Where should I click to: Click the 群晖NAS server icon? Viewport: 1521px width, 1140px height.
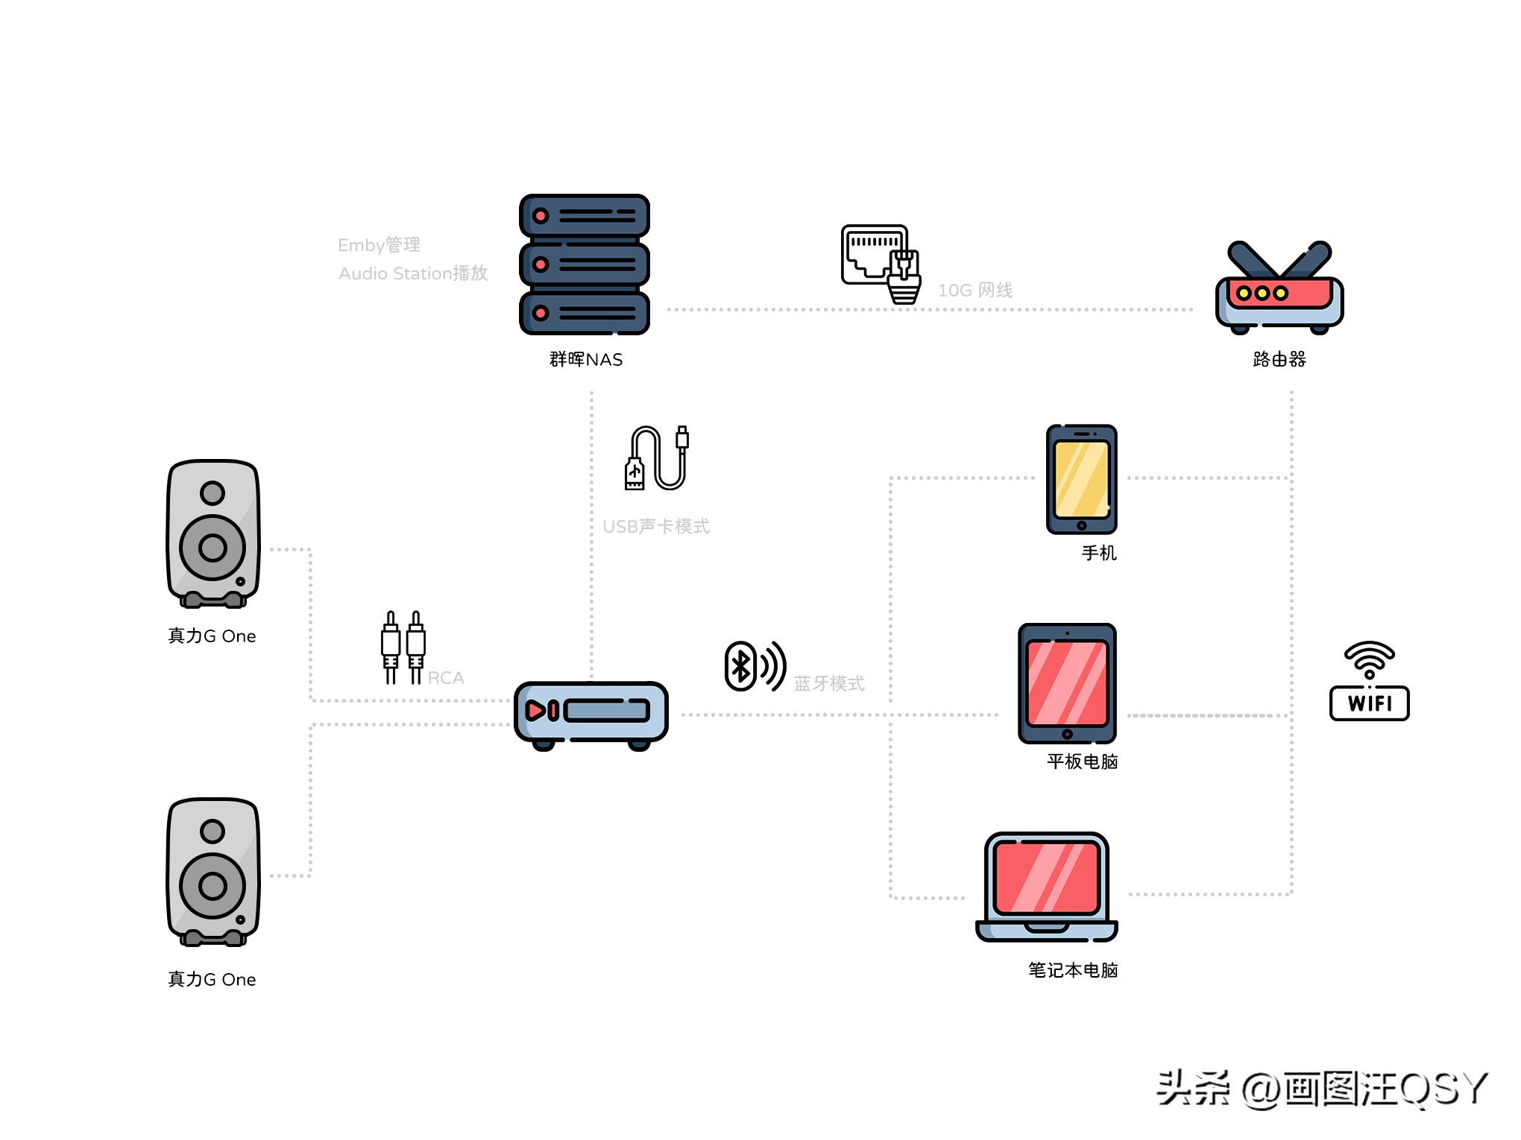[585, 265]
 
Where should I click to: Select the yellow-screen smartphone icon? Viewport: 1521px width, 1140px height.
[1081, 479]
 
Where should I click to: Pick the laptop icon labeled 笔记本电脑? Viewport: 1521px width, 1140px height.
[1046, 887]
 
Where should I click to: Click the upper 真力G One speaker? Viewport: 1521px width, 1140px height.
[213, 533]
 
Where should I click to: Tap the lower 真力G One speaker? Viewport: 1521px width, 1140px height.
[213, 872]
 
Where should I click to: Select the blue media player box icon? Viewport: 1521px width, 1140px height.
[591, 714]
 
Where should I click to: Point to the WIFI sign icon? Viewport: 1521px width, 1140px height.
[1369, 682]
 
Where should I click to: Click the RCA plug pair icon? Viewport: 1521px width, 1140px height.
[403, 647]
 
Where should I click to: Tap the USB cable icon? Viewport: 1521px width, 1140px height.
[657, 458]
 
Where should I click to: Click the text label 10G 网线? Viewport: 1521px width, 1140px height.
[975, 290]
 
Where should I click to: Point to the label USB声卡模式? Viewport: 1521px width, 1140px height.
[656, 527]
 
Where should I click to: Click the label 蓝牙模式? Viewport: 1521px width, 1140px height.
[829, 683]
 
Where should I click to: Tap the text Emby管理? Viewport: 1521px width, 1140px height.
[379, 245]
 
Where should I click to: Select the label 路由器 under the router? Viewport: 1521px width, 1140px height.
[1279, 359]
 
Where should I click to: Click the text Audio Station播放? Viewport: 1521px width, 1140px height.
[413, 273]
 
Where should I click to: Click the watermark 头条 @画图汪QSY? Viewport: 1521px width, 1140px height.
[1321, 1089]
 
